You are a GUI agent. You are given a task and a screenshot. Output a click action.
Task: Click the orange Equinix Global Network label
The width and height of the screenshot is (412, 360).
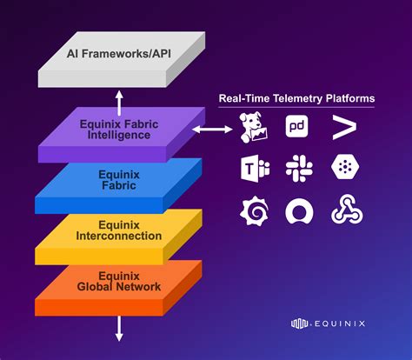(119, 280)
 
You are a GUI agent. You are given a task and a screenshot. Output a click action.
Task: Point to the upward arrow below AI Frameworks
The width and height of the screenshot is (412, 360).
(120, 97)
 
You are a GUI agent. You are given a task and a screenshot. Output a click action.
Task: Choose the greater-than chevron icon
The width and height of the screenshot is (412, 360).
(342, 128)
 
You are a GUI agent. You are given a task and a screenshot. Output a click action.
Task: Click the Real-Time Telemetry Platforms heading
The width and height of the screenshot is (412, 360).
(296, 99)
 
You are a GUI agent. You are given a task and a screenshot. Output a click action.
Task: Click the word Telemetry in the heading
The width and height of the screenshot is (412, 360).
(293, 99)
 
